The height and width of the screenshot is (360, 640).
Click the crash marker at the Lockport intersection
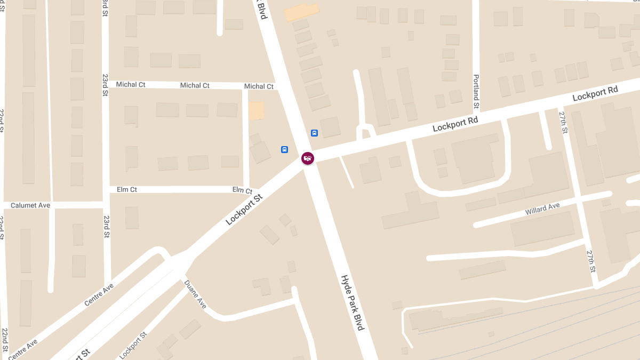[308, 158]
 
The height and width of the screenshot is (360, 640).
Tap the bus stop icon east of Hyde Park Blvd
[315, 133]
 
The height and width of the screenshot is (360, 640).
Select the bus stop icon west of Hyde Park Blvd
[285, 149]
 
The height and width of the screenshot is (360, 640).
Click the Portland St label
[476, 91]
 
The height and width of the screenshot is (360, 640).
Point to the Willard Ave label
[542, 209]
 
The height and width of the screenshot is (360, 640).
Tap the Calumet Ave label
[30, 205]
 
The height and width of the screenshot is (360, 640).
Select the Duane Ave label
[195, 294]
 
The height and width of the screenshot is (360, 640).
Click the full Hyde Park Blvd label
[352, 302]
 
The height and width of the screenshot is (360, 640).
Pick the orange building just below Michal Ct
[257, 111]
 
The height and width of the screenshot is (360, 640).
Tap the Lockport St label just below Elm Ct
[244, 209]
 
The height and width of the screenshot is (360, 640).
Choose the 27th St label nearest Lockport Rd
[564, 122]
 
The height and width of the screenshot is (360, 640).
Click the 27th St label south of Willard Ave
[590, 261]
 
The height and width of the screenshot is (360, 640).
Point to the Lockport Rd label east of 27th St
[595, 93]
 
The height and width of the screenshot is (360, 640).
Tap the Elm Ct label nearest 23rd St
[127, 189]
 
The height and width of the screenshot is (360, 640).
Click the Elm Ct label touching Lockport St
[242, 190]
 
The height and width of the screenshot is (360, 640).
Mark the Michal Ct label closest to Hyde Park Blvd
[259, 86]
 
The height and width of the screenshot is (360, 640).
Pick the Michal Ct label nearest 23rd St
[131, 84]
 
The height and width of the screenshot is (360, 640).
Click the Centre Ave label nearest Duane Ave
[99, 294]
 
